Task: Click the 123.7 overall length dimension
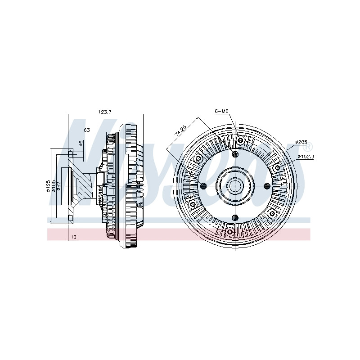pos(105,112)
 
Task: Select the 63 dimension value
pos(87,130)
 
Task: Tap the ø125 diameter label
pos(48,186)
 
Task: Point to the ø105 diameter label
pos(54,186)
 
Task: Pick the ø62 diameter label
pos(58,186)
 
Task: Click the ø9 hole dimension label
pos(81,144)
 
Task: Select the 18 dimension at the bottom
pos(73,237)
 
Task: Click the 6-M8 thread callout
pos(221,111)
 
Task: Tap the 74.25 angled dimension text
pos(180,130)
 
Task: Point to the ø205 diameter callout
pos(301,142)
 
